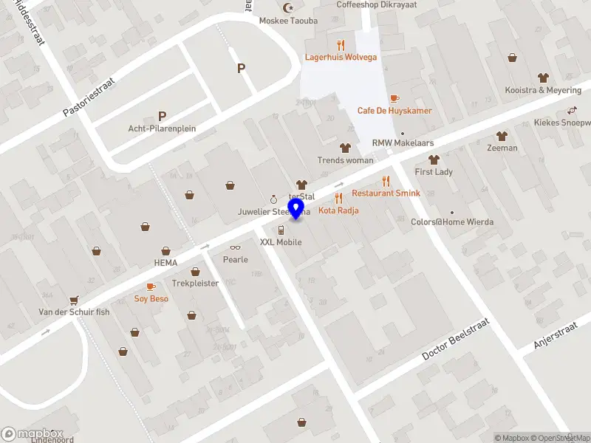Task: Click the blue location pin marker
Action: (x=296, y=209)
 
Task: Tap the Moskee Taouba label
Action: (x=288, y=21)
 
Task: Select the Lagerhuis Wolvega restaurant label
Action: (x=341, y=57)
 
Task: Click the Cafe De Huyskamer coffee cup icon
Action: (x=394, y=98)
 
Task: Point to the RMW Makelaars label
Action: (x=403, y=143)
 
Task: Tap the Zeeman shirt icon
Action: (x=502, y=136)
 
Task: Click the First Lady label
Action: (x=434, y=171)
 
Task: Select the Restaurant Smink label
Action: (x=386, y=193)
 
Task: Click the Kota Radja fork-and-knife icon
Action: (x=338, y=198)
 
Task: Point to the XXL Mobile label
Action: (x=281, y=242)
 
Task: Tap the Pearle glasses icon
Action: (x=236, y=248)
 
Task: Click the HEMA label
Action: (x=166, y=262)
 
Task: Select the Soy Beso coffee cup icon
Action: (x=151, y=286)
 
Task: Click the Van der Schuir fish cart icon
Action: (x=74, y=300)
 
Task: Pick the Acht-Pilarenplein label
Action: (x=162, y=128)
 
